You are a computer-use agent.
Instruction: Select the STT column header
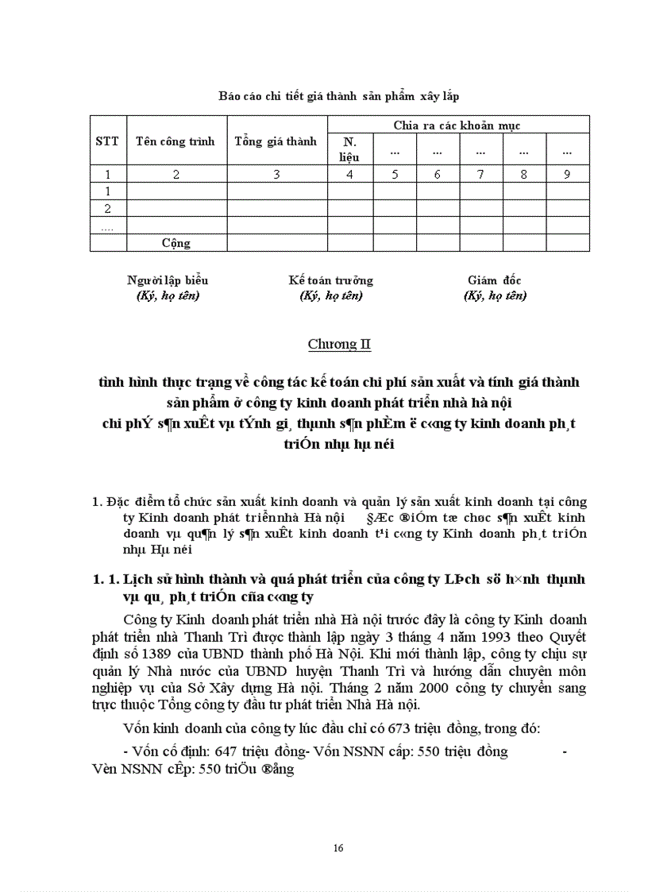click(106, 141)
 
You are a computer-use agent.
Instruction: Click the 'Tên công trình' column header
click(175, 141)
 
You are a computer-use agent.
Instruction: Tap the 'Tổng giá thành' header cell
click(276, 141)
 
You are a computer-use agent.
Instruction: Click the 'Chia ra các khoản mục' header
click(457, 125)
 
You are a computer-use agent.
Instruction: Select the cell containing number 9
click(566, 175)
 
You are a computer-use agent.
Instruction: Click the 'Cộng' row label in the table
click(176, 243)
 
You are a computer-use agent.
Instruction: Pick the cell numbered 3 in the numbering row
click(276, 175)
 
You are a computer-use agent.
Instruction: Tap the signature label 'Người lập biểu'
click(168, 280)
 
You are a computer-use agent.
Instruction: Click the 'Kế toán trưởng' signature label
click(330, 280)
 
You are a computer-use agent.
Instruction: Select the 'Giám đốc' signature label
click(494, 280)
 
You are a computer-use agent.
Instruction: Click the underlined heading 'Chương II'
click(339, 345)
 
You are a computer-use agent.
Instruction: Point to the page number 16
click(339, 848)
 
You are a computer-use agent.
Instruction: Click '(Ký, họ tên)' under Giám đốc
click(494, 295)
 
